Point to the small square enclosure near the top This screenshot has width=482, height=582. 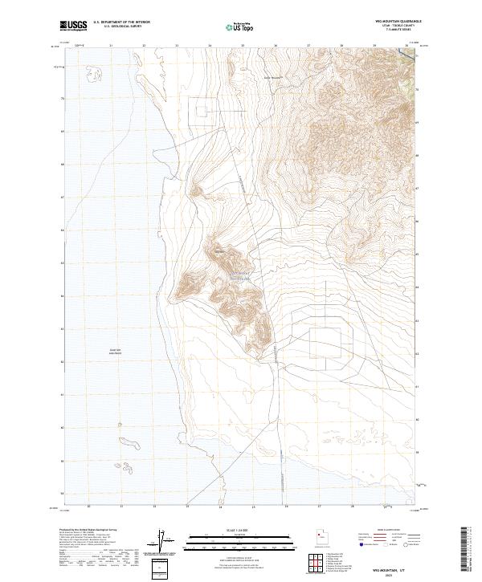click(202, 110)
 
